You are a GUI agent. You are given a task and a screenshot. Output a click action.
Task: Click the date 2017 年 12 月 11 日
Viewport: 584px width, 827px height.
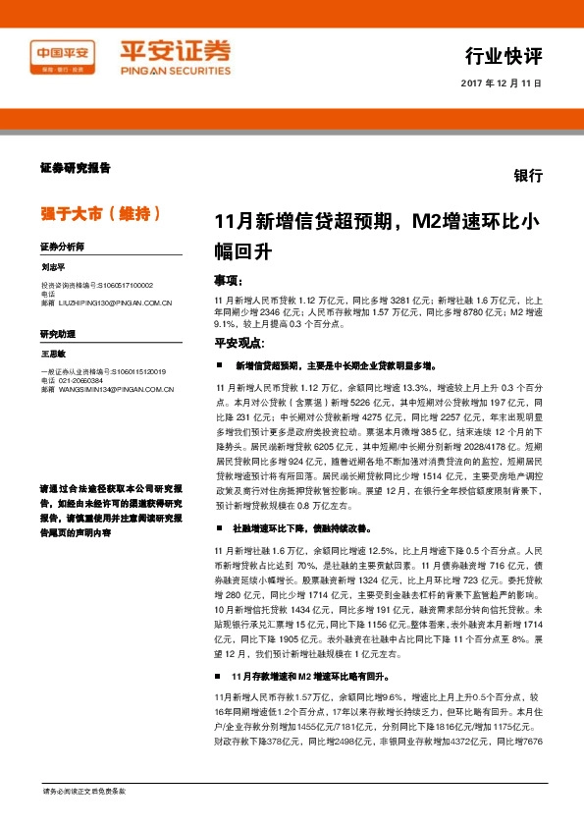500,83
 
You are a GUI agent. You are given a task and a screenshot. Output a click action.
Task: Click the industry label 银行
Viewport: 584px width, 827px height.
528,175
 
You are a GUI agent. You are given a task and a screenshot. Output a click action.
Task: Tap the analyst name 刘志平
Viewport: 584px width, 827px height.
53,266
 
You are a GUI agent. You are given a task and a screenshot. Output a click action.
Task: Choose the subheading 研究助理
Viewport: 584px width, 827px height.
57,335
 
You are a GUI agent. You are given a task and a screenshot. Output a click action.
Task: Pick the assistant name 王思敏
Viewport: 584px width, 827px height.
53,353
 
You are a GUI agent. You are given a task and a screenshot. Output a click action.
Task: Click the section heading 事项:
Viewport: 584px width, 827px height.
231,279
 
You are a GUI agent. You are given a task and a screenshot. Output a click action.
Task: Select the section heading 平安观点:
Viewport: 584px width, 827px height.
239,343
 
